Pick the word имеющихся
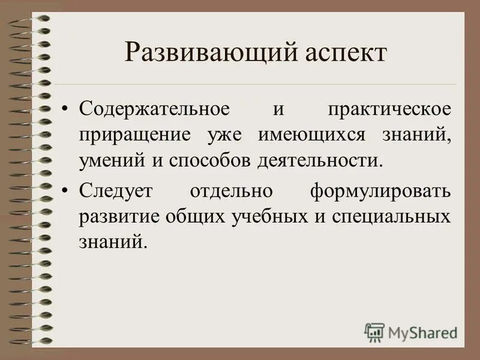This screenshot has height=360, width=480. coord(311,135)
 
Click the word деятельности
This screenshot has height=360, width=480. coord(320,161)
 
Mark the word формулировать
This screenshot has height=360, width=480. coord(380,192)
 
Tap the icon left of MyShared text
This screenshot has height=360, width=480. coord(374,332)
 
